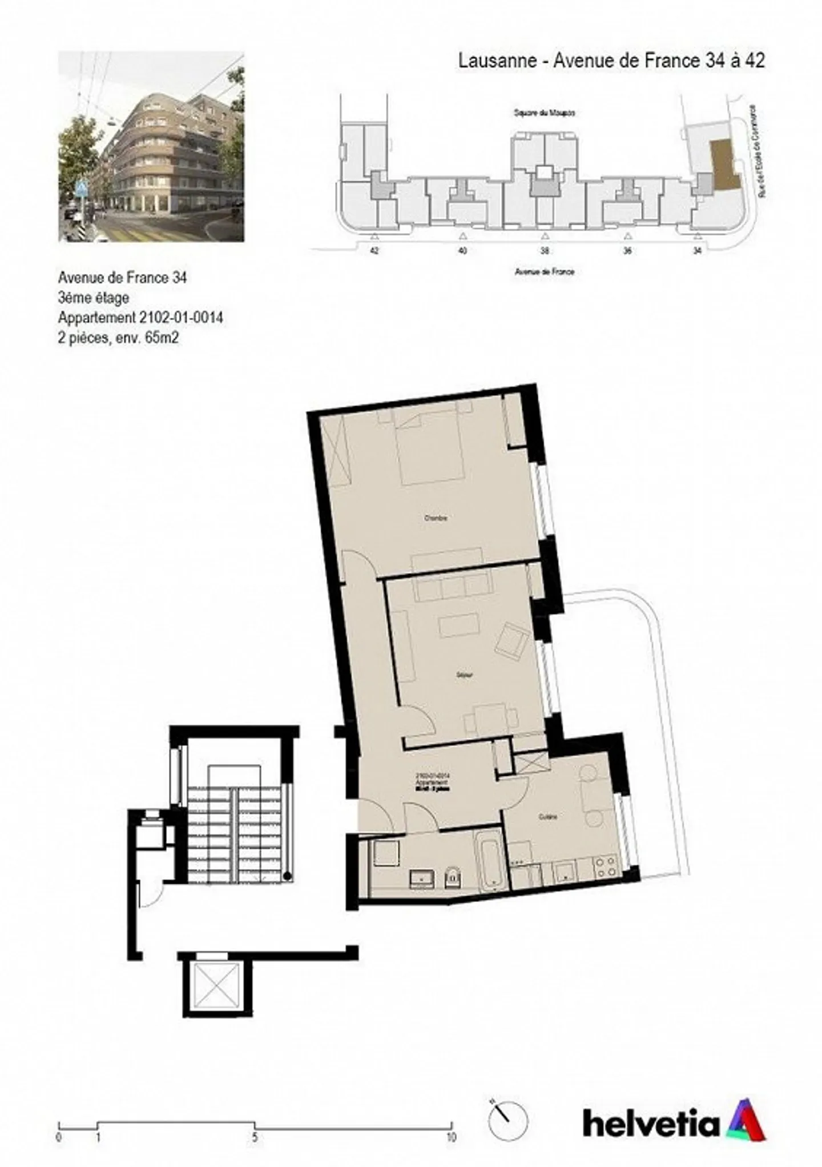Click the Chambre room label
435,518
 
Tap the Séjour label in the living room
464,675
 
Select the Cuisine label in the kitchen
547,817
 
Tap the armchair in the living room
512,641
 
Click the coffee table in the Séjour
459,625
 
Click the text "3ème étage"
93,298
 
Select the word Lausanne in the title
497,61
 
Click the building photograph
151,146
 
